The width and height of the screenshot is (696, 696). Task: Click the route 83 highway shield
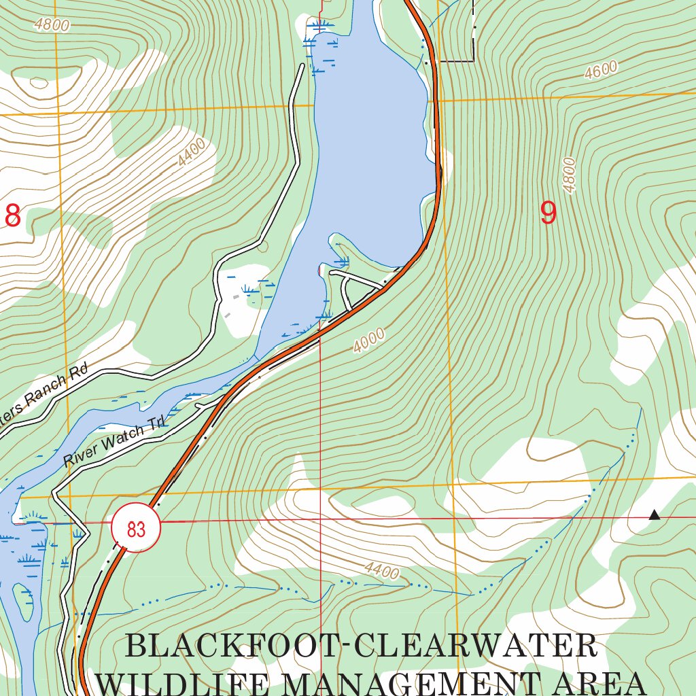[136, 527]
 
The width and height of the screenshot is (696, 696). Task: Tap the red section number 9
[548, 213]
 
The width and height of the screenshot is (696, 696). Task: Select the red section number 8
[12, 215]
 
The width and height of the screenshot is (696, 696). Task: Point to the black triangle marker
[654, 515]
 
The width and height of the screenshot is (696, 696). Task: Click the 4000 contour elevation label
[369, 341]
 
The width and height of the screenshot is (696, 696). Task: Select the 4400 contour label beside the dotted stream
[381, 571]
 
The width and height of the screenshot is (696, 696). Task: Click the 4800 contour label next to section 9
[569, 175]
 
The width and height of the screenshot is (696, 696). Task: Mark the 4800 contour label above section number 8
[54, 26]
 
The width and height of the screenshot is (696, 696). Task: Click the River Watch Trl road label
[114, 444]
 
